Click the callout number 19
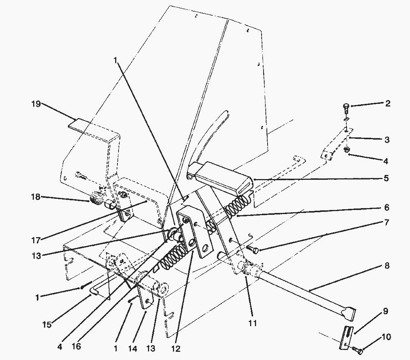(x=36, y=104)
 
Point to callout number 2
(x=388, y=103)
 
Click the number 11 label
(x=253, y=323)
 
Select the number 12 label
(x=176, y=349)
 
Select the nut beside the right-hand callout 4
(x=346, y=150)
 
